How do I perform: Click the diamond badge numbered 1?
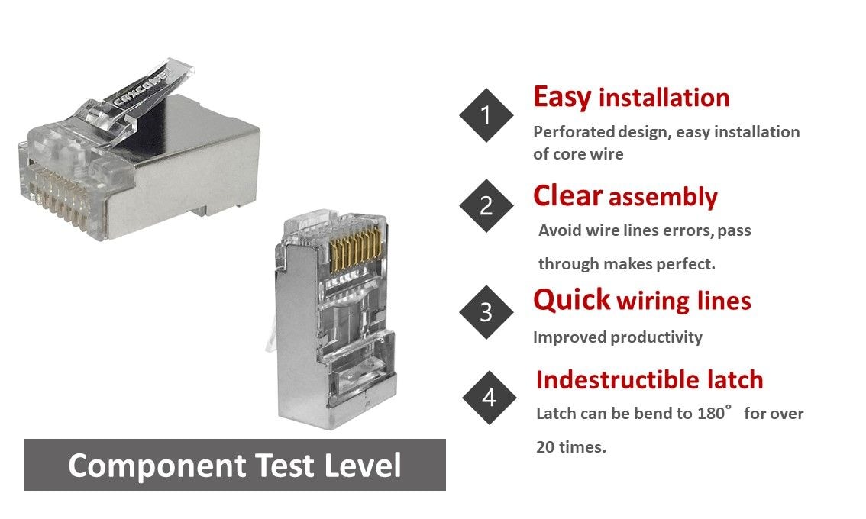[486, 115]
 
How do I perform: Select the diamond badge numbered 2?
[486, 205]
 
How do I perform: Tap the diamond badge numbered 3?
[486, 312]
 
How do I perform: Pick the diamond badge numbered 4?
[490, 398]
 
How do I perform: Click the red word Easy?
[562, 98]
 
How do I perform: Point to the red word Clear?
[567, 196]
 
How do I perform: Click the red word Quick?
[572, 301]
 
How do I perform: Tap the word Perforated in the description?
[574, 132]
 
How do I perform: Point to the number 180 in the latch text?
[710, 413]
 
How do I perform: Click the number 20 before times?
[545, 446]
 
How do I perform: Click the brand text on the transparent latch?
[139, 89]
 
